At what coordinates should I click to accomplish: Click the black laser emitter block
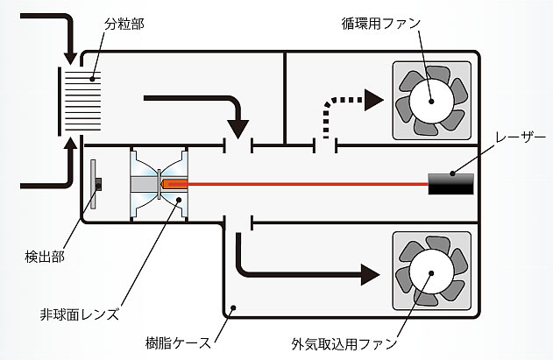pos(451,183)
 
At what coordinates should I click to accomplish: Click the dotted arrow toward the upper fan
pos(346,103)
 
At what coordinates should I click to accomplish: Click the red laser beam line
pos(307,184)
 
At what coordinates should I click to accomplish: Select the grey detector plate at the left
pos(94,184)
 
